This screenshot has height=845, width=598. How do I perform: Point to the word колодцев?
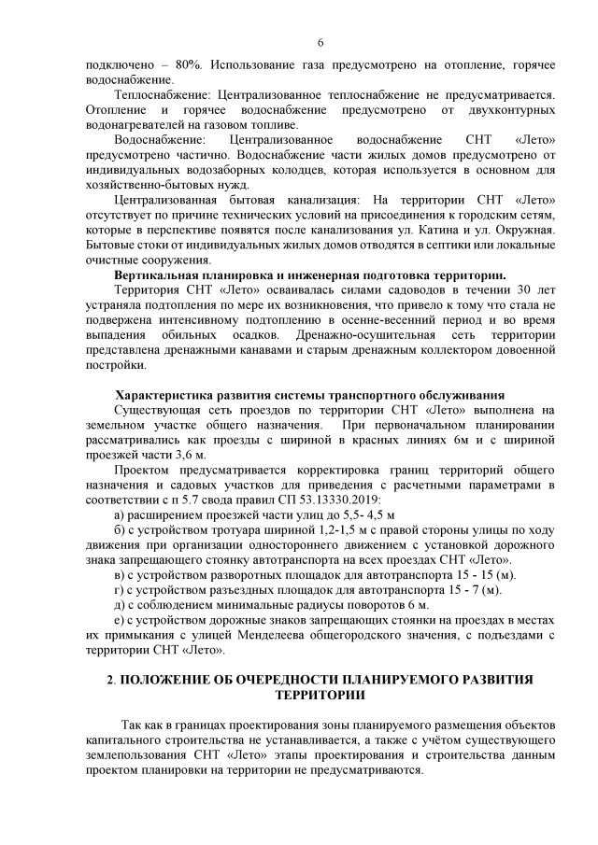point(354,170)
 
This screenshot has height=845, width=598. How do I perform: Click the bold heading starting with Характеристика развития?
point(309,395)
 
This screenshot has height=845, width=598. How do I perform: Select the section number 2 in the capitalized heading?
point(109,680)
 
